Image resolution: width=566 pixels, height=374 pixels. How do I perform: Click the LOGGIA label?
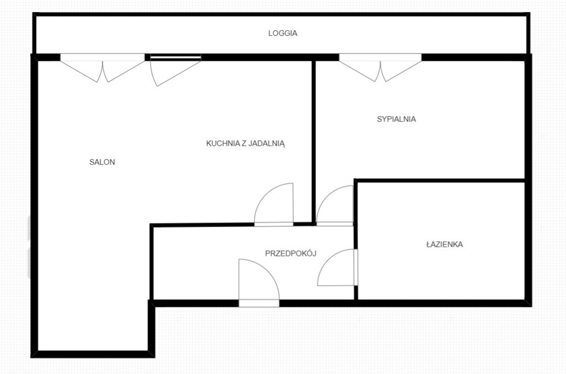click(282, 33)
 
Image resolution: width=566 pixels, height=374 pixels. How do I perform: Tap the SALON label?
click(102, 162)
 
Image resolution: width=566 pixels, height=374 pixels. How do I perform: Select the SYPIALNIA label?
click(396, 119)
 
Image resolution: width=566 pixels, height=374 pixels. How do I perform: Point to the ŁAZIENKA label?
click(444, 244)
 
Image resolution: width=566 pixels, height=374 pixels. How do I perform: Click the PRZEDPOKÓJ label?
click(291, 253)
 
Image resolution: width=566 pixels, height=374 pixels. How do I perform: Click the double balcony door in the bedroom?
click(380, 67)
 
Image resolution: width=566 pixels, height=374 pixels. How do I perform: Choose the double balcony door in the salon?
click(102, 68)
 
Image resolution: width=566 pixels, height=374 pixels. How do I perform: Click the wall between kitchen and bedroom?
click(314, 143)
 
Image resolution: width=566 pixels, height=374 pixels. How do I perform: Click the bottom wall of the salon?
click(93, 354)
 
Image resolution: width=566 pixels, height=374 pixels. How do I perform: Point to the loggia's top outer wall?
click(281, 14)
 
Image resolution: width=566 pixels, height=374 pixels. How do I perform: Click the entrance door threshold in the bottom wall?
click(259, 303)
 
